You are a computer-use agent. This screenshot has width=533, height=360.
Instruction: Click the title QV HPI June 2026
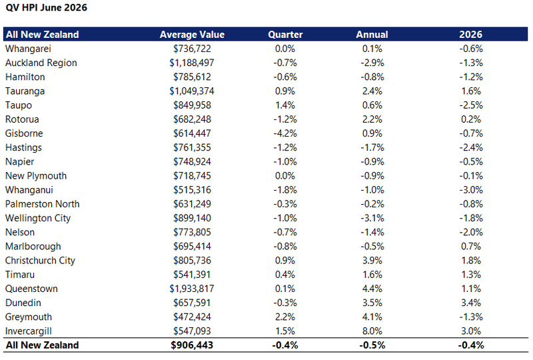pos(46,7)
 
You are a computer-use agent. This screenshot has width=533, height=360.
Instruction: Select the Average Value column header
pos(192,35)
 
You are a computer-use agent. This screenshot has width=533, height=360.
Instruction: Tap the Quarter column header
pos(285,35)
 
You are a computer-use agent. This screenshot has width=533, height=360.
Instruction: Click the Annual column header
pos(372,35)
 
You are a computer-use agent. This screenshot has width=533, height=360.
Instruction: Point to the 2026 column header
pos(471,35)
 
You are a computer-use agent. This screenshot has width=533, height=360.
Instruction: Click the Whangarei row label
pos(28,49)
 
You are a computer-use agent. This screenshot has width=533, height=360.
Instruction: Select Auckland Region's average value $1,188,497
pos(192,63)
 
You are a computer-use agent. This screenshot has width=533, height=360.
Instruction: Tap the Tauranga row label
pos(25,91)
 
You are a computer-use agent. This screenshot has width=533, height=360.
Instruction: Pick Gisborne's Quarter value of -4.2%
pos(285,133)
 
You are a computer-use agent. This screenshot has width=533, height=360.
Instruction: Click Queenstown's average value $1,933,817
pos(192,289)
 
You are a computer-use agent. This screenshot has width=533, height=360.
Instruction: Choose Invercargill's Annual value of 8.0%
pos(372,331)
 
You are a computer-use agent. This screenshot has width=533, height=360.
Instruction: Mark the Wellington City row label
pos(38,218)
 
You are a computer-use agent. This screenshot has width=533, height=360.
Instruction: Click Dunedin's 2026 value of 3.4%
pos(471,303)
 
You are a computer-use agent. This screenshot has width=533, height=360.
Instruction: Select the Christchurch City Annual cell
pos(372,261)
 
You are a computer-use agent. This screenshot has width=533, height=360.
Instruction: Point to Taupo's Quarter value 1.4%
pos(285,105)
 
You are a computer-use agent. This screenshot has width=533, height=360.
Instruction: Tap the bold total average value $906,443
pos(192,345)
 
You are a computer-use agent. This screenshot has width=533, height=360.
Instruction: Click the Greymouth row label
pos(29,317)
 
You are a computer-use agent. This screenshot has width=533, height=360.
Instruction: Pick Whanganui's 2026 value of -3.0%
pos(471,190)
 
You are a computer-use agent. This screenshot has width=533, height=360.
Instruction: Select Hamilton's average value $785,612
pos(192,77)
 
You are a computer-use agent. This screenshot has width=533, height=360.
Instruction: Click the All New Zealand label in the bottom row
pos(42,345)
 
